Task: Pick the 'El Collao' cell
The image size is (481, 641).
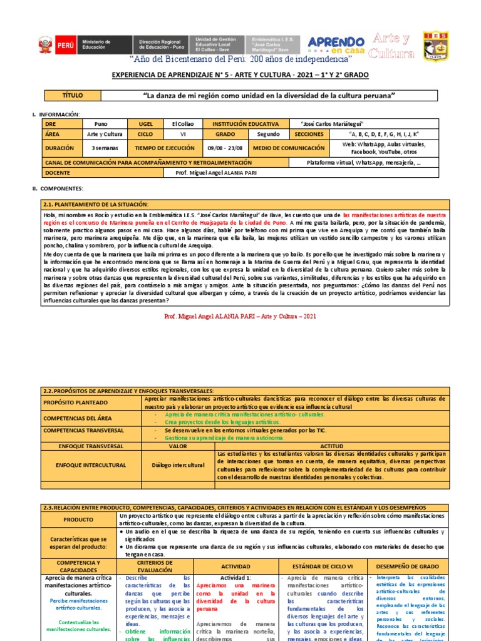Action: coord(184,124)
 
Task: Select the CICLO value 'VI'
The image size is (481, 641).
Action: coord(184,134)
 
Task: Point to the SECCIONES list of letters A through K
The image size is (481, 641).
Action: coord(383,134)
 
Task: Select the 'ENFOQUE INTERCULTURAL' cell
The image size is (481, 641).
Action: coord(91,465)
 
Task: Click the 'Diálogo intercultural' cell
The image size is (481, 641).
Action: coord(178,465)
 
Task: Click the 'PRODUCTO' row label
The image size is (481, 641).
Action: coord(79,520)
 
